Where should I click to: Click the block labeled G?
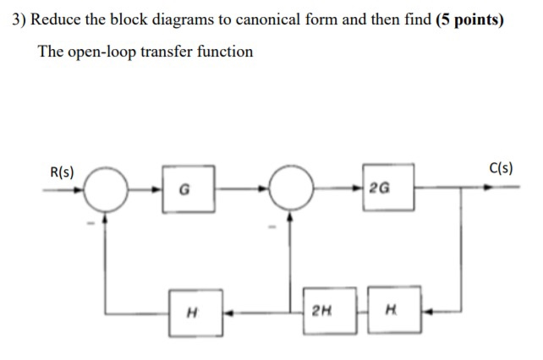pyautogui.click(x=194, y=189)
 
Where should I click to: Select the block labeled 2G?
pyautogui.click(x=387, y=188)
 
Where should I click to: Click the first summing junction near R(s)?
pyautogui.click(x=105, y=188)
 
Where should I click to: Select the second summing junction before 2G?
pyautogui.click(x=290, y=188)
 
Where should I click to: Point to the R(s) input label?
pyautogui.click(x=61, y=172)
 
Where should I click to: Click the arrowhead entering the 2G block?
pyautogui.click(x=361, y=188)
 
